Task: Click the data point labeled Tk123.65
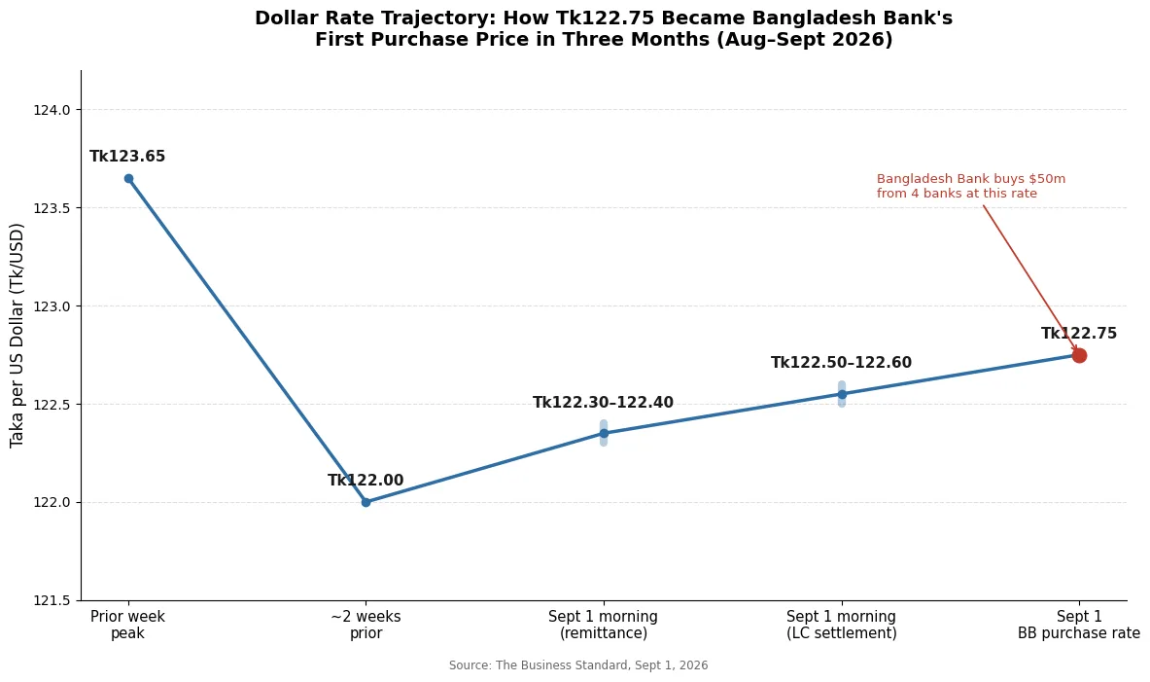[128, 178]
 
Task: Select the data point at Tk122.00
[366, 502]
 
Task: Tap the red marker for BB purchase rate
[1079, 355]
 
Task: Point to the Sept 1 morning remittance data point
[604, 433]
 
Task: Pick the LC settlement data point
[841, 394]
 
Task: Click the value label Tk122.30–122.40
[603, 403]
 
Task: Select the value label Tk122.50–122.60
[841, 363]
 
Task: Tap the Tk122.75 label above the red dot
[1079, 334]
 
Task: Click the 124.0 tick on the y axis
[52, 110]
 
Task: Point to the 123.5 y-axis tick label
[52, 208]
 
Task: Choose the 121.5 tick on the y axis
[52, 600]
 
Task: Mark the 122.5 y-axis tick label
[52, 405]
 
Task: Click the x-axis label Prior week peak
[127, 625]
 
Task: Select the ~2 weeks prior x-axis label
[366, 625]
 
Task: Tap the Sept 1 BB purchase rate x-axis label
[1079, 625]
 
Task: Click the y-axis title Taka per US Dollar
[17, 336]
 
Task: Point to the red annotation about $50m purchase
[971, 187]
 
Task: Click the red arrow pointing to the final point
[1030, 279]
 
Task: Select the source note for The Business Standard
[578, 665]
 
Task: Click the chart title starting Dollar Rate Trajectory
[604, 28]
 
